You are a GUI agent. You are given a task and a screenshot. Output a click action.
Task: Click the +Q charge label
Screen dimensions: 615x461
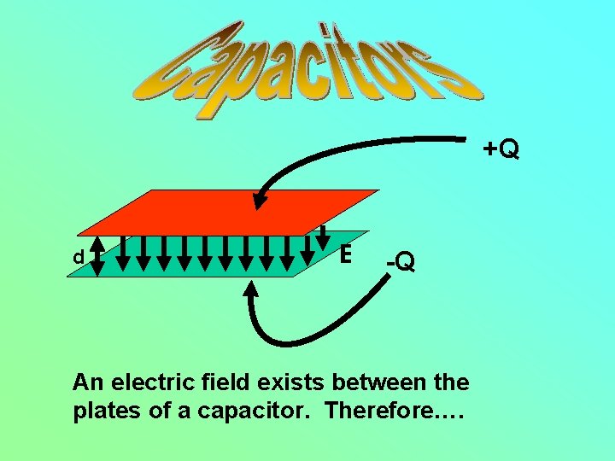point(501,149)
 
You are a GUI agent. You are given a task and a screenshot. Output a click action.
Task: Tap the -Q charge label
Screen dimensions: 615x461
point(400,262)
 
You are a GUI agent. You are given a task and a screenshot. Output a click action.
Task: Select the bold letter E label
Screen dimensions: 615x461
point(345,254)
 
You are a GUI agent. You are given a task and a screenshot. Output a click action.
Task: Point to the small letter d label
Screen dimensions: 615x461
point(78,257)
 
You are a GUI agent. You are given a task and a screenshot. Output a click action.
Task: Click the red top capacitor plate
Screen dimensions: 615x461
point(231,211)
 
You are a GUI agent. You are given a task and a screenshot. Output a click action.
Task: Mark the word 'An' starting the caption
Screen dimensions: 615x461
point(85,381)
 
